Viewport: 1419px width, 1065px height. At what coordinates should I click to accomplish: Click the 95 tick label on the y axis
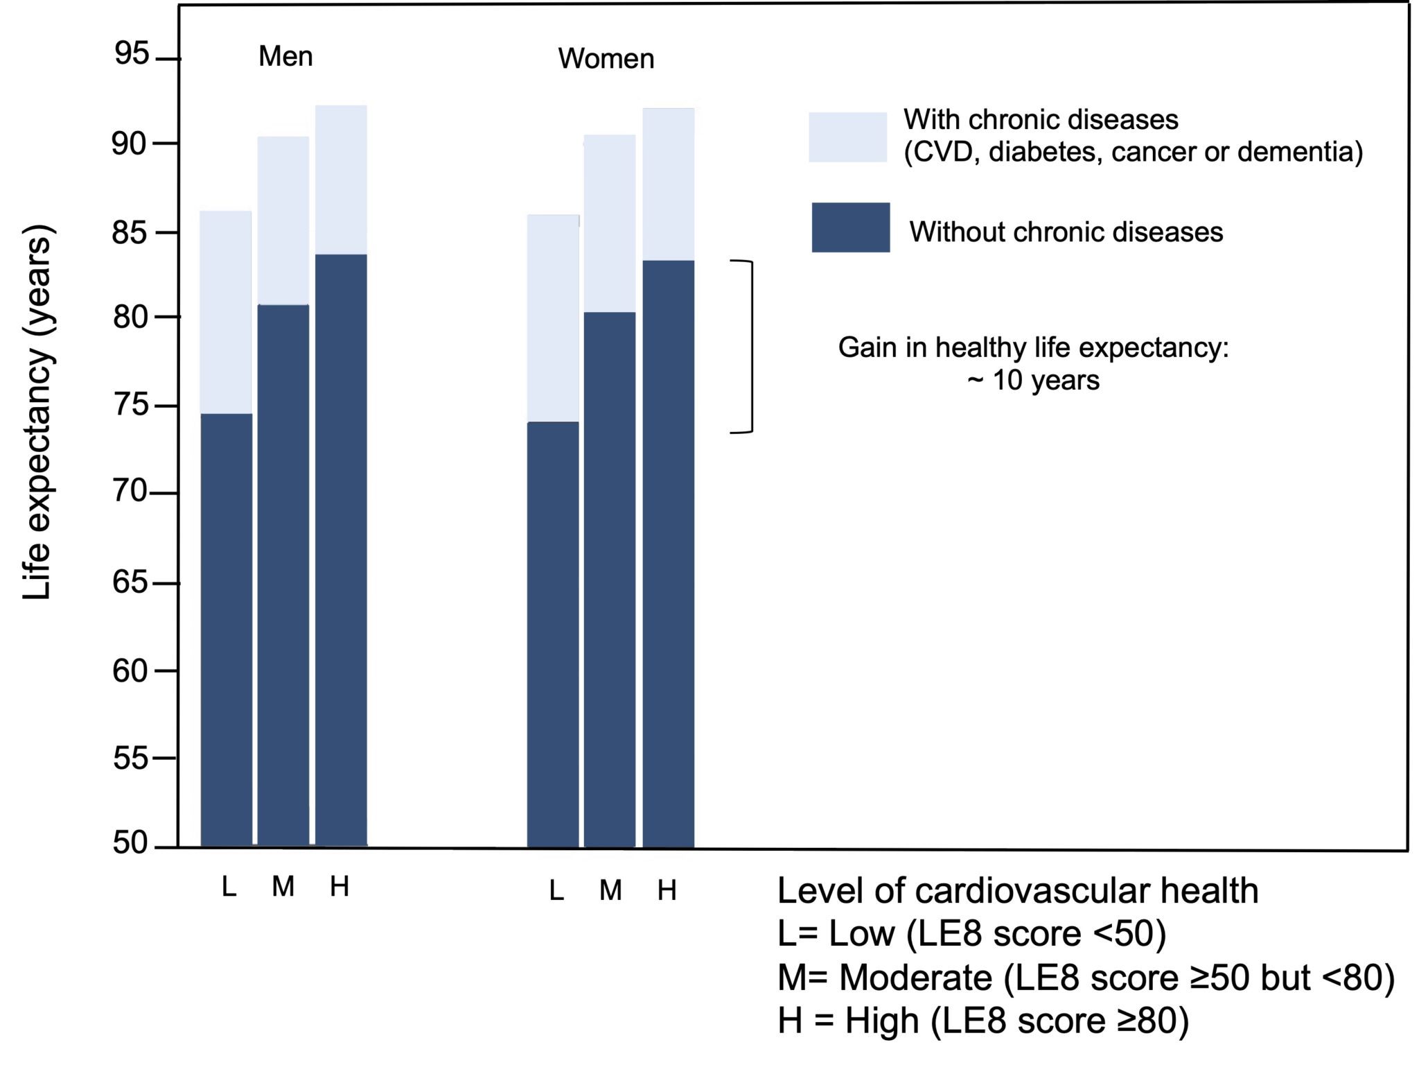point(132,54)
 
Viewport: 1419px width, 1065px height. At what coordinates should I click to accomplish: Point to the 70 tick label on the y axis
point(130,492)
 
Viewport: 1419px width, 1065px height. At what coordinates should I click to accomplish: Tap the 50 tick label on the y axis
point(130,843)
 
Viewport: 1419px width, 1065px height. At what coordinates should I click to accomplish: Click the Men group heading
point(285,56)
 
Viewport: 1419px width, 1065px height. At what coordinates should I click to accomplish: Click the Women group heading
point(606,59)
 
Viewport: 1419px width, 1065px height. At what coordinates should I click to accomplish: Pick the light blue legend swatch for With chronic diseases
point(847,137)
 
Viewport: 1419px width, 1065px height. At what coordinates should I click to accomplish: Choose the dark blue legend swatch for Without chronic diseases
point(850,227)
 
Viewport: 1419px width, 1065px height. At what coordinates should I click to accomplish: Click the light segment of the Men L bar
point(226,312)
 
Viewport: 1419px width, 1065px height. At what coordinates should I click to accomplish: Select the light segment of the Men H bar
point(341,180)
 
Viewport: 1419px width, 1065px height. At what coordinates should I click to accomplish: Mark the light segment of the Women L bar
point(552,318)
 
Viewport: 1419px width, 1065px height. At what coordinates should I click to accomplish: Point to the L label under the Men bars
point(229,887)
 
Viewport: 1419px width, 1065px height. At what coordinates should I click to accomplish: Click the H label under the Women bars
point(667,890)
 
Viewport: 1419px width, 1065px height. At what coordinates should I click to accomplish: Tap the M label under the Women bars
point(610,890)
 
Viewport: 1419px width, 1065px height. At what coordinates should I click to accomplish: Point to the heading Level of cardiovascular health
point(1017,891)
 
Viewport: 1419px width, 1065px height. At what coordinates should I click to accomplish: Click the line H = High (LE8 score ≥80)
point(982,1021)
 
